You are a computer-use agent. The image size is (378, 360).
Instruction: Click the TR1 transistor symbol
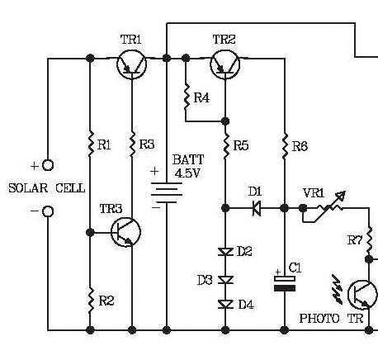pyautogui.click(x=132, y=65)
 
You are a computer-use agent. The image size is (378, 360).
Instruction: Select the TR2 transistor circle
pyautogui.click(x=224, y=65)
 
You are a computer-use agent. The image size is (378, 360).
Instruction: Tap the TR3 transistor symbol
pyautogui.click(x=126, y=232)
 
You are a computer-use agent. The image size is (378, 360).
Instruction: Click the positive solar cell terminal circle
pyautogui.click(x=48, y=165)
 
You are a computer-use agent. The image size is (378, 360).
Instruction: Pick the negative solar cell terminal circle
pyautogui.click(x=48, y=211)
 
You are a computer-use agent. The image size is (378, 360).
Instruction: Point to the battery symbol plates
pyautogui.click(x=167, y=192)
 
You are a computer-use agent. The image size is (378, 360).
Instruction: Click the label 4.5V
pyautogui.click(x=187, y=173)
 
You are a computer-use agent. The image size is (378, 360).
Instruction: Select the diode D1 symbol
pyautogui.click(x=257, y=208)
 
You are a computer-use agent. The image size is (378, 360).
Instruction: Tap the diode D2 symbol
pyautogui.click(x=225, y=252)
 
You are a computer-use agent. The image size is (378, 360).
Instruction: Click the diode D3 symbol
pyautogui.click(x=225, y=280)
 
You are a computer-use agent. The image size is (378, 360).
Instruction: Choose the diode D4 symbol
pyautogui.click(x=225, y=304)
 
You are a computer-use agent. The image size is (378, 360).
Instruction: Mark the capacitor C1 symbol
pyautogui.click(x=285, y=283)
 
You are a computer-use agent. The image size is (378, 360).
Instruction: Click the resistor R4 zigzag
pyautogui.click(x=187, y=97)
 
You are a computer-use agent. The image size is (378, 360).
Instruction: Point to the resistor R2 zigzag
pyautogui.click(x=91, y=301)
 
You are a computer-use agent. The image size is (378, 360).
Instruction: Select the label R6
pyautogui.click(x=300, y=146)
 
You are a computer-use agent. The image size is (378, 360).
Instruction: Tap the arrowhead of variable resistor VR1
pyautogui.click(x=342, y=195)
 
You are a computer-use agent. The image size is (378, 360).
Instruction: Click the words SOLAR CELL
pyautogui.click(x=47, y=188)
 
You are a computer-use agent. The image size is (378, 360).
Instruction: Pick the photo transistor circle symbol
pyautogui.click(x=362, y=295)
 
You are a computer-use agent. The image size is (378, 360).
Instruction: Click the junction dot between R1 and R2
pyautogui.click(x=90, y=233)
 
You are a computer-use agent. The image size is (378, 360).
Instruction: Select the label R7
pyautogui.click(x=355, y=240)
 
